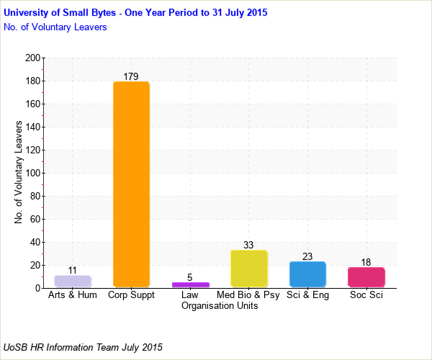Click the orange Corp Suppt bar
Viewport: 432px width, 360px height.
click(131, 184)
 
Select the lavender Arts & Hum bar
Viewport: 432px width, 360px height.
click(73, 282)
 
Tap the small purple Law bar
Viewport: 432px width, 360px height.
click(190, 284)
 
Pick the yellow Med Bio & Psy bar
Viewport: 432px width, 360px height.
click(248, 269)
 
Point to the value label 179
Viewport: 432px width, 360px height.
click(131, 76)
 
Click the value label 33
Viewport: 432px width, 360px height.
click(248, 245)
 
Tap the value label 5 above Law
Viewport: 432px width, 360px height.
click(190, 277)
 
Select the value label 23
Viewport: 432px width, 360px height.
click(307, 256)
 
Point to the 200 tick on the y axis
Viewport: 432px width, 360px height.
click(32, 58)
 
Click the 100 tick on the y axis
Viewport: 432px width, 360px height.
click(32, 174)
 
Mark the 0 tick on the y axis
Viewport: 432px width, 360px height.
click(37, 289)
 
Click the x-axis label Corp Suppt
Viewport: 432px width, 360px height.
click(131, 295)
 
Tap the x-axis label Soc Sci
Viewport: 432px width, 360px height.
click(366, 295)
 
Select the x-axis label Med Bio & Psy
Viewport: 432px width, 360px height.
click(248, 295)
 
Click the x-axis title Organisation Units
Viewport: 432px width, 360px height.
click(220, 306)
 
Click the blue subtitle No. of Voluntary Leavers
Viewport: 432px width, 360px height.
click(55, 27)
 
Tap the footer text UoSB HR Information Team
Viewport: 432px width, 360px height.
click(83, 347)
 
